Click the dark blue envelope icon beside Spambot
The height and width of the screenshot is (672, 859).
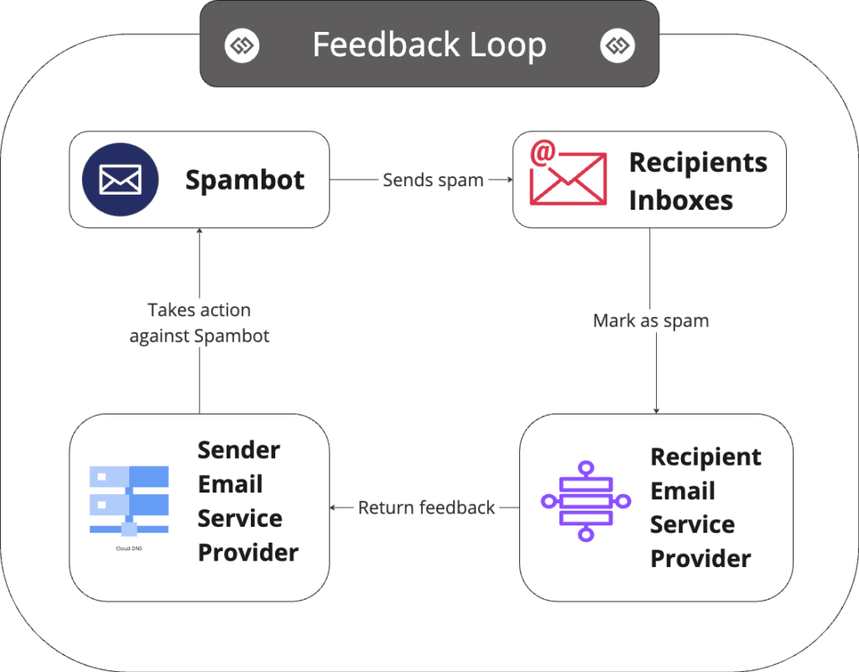pos(120,180)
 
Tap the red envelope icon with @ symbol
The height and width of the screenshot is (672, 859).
pos(567,175)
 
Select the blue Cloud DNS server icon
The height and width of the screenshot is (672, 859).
pos(128,500)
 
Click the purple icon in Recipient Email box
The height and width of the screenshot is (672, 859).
pos(586,501)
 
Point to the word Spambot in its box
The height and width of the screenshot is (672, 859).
pos(245,180)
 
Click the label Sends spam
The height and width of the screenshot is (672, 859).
pos(433,180)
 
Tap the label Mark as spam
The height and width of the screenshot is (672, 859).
pos(651,320)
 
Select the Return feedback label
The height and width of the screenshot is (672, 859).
pos(426,508)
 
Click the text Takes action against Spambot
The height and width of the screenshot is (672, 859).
pos(200,323)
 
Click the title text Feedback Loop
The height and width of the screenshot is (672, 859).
pos(429,44)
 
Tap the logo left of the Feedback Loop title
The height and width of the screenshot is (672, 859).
pos(242,44)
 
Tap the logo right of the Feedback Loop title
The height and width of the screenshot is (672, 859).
pos(617,44)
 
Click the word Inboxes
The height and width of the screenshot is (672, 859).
pos(680,201)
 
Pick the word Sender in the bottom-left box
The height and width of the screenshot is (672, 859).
pos(238,450)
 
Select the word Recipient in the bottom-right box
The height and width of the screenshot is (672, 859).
pos(705,457)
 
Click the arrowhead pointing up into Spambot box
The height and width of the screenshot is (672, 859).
pos(200,232)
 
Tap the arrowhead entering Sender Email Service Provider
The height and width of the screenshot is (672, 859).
pos(334,508)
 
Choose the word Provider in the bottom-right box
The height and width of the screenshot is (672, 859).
pos(700,558)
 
